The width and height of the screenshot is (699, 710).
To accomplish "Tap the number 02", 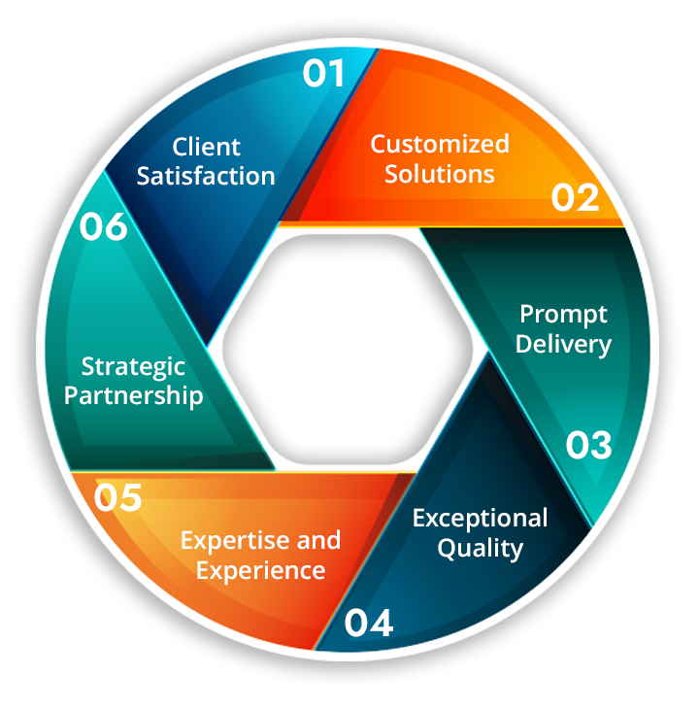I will pos(576,197).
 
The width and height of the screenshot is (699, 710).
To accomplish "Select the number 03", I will pos(589,446).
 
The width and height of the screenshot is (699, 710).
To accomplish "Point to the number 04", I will pos(368,623).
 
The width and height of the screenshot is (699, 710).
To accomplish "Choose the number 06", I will pos(103,227).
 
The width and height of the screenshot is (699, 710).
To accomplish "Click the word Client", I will pos(206,148).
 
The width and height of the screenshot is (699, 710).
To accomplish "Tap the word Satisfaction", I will pos(206,177).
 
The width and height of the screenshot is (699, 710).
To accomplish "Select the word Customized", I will pos(440,145).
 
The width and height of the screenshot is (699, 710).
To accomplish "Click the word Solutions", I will pos(440,175).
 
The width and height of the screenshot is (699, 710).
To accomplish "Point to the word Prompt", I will pos(563,315).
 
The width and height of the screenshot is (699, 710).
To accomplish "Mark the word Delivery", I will pos(563,344).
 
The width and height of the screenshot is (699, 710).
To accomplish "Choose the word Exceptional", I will pos(480,518).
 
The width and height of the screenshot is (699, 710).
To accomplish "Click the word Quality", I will pos(480,548).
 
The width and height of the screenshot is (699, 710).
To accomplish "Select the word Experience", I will pos(260,570).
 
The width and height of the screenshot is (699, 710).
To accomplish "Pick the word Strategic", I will pos(133,367).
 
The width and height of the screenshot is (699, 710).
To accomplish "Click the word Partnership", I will pos(133,396).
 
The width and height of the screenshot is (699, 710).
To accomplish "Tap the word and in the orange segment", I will pos(318,540).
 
